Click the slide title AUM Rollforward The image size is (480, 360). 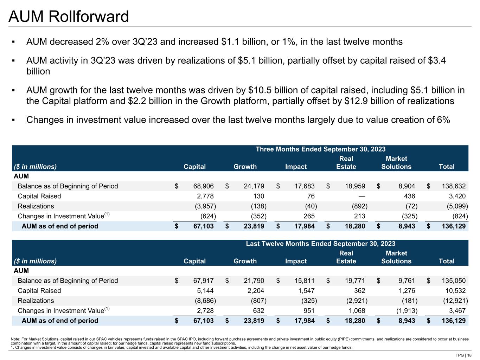click(69, 17)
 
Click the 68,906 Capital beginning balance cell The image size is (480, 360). click(203, 186)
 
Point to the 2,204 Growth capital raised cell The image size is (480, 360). click(254, 291)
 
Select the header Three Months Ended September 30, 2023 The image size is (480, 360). click(320, 149)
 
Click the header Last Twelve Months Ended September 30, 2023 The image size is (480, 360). click(320, 244)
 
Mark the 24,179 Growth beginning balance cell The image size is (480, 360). click(254, 186)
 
